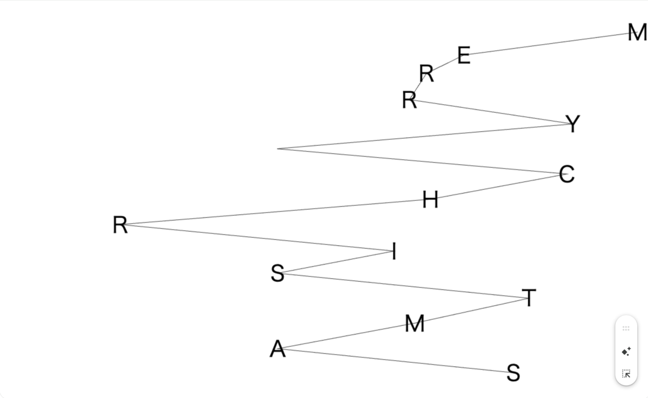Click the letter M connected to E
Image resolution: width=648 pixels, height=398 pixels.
637,33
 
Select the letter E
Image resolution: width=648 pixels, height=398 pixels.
464,55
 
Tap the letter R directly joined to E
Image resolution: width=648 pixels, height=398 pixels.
426,72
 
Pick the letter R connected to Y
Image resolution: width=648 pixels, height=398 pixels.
409,100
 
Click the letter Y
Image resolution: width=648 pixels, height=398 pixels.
573,124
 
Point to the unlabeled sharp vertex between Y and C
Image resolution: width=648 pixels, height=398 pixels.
278,149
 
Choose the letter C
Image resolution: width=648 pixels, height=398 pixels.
566,174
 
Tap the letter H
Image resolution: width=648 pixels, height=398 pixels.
430,200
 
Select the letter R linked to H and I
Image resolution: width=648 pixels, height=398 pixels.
120,225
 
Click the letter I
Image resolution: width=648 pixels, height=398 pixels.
394,251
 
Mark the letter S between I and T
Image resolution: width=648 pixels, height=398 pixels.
277,274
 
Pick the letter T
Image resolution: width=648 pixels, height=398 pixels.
529,298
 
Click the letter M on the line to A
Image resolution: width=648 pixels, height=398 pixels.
414,324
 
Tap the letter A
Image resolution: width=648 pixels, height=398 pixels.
277,349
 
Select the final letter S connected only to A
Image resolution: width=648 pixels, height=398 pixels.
514,373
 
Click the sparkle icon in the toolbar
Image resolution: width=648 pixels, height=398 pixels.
626,352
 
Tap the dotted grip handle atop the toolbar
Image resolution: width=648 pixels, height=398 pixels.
626,328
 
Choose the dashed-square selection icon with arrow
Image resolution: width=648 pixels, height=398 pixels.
626,373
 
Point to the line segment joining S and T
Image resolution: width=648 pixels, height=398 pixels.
405,286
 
